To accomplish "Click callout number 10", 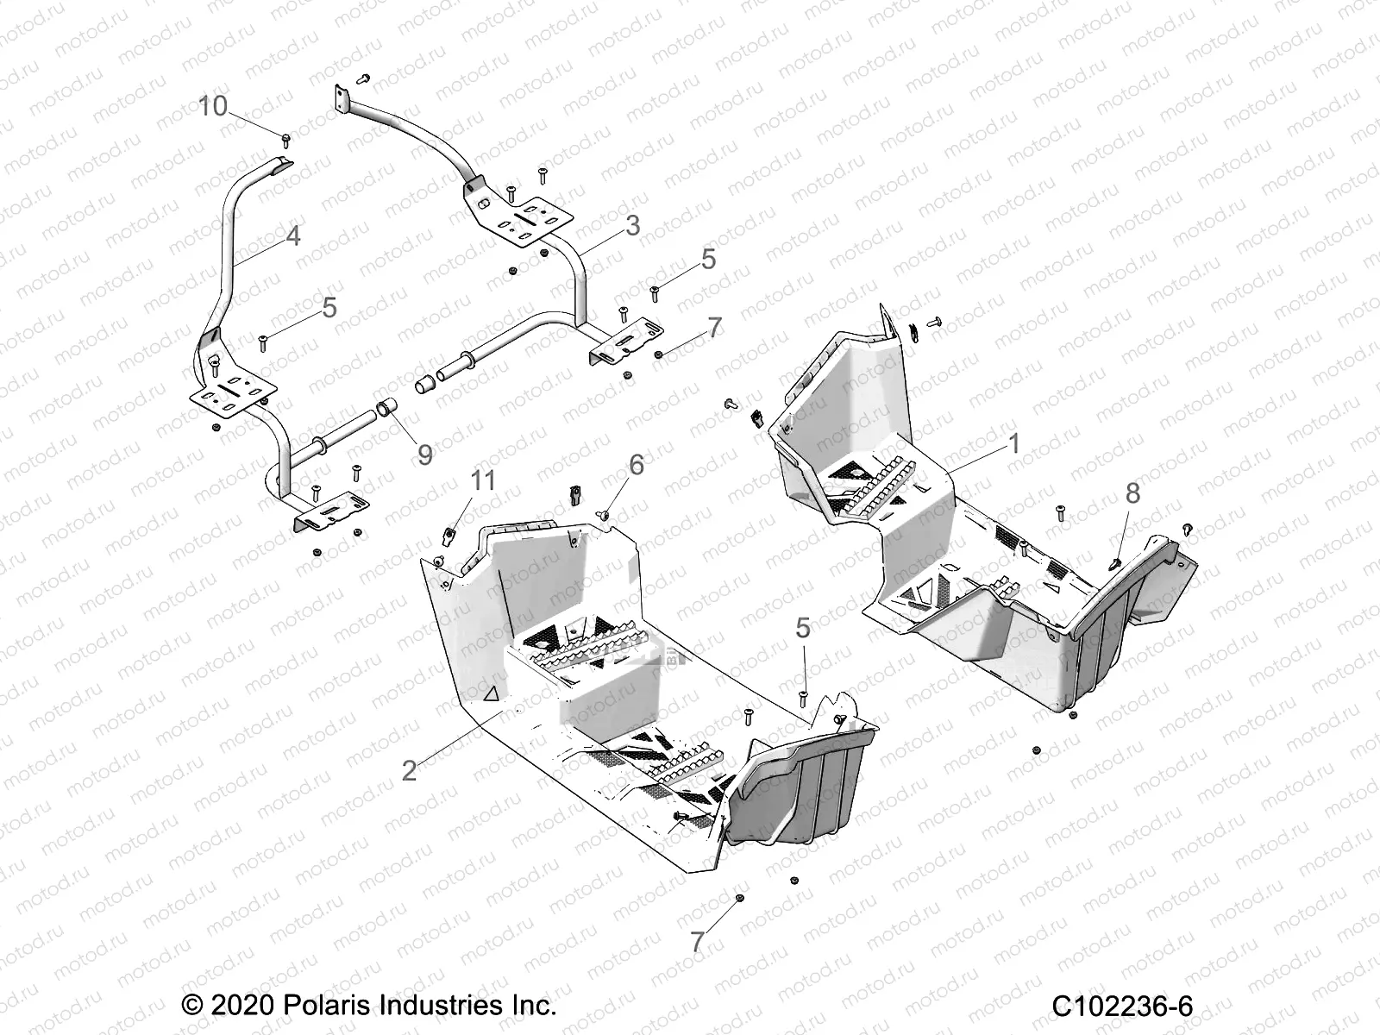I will click(x=213, y=106).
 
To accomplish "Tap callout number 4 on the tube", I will click(x=292, y=235).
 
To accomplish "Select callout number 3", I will click(x=632, y=226).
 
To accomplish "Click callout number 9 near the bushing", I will click(x=424, y=454).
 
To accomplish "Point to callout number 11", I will click(x=483, y=480).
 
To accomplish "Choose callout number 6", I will click(x=636, y=465).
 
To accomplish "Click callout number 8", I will click(x=1132, y=493).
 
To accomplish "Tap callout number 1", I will click(x=1014, y=444).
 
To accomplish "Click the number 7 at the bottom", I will click(x=696, y=942).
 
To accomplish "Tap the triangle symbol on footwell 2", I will click(x=492, y=693).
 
